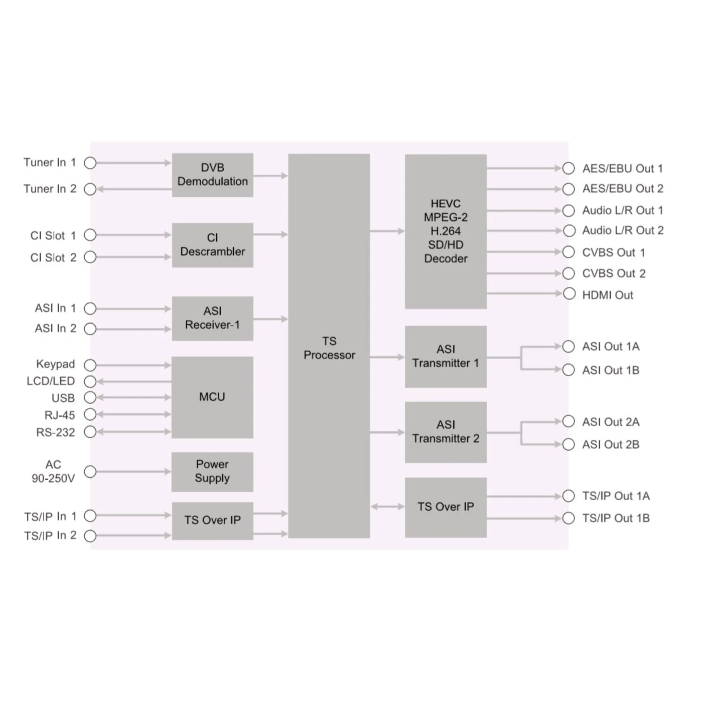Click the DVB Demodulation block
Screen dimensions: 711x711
pos(213,175)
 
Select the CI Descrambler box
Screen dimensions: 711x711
pos(213,245)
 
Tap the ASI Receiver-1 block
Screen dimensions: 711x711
pos(213,318)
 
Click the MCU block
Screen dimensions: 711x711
pos(212,397)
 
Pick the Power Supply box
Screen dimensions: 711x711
pos(212,472)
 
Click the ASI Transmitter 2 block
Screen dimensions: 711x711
pos(446,432)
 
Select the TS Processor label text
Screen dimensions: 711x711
pos(329,348)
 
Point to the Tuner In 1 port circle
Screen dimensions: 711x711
pos(90,163)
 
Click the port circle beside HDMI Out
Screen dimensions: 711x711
pos(569,294)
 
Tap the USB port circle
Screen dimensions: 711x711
pos(90,397)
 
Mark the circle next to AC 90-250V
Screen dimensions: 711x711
pos(90,471)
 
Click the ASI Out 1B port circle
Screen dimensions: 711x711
pos(568,370)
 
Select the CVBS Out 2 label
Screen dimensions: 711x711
pos(614,274)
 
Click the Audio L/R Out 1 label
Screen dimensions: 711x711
pos(622,210)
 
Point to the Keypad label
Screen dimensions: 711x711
pos(56,364)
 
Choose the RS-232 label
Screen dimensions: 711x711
pos(56,432)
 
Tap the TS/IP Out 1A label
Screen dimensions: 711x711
pos(616,496)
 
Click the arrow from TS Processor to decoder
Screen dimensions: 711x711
pos(387,231)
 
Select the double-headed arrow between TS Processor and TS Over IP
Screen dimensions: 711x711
pos(387,506)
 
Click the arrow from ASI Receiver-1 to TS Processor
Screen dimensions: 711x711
pos(271,319)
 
